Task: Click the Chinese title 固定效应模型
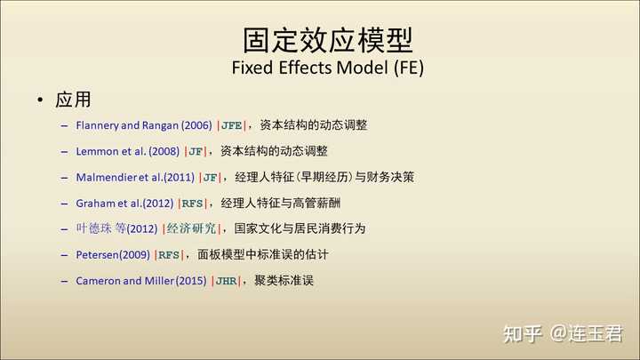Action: click(x=328, y=40)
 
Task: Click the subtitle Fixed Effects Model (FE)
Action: click(x=328, y=68)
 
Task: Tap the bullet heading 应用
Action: click(x=73, y=100)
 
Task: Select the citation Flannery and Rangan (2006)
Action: click(x=144, y=125)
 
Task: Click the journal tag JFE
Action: click(x=231, y=125)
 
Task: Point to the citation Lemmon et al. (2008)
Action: click(x=127, y=151)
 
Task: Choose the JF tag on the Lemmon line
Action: click(x=196, y=152)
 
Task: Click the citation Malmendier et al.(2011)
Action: click(x=135, y=178)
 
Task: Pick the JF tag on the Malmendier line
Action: click(x=210, y=178)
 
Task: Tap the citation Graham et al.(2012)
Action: click(x=124, y=204)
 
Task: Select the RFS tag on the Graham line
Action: click(x=192, y=204)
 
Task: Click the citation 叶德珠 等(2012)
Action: click(x=116, y=228)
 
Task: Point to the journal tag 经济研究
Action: click(x=191, y=228)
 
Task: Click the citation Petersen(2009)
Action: click(x=113, y=255)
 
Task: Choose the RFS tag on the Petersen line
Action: click(x=169, y=255)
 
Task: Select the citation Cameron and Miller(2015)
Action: click(x=140, y=281)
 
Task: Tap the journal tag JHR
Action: click(x=226, y=281)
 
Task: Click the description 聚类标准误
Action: click(x=284, y=280)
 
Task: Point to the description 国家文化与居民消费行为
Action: click(x=300, y=228)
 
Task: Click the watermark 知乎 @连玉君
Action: click(x=563, y=334)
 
